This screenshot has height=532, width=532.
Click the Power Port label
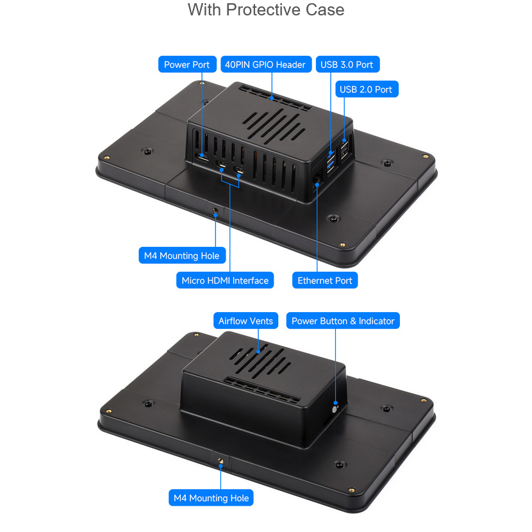pos(187,65)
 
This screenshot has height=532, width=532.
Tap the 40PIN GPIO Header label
pos(266,65)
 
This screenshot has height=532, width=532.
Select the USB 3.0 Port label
pos(347,65)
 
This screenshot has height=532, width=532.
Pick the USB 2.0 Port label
pos(367,89)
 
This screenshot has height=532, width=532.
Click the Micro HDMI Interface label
pos(225,280)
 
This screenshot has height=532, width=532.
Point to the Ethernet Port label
pos(325,280)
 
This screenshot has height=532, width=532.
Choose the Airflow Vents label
pos(245,320)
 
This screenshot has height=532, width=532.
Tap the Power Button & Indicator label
pos(343,320)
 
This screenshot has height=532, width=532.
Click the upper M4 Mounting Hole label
pos(182,256)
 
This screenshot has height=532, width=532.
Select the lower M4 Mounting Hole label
pos(211,498)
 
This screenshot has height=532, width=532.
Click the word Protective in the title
pos(265,10)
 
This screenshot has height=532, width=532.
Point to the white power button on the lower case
pos(335,409)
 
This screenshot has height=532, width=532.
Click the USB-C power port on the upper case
pos(203,158)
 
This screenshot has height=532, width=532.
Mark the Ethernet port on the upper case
pos(317,178)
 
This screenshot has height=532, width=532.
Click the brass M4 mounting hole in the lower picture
pos(220,461)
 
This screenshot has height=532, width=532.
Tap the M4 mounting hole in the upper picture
pos(215,211)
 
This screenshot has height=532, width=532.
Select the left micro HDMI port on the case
pos(222,164)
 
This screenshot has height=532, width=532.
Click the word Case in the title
pos(325,10)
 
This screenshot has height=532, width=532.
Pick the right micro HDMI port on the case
pos(240,170)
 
